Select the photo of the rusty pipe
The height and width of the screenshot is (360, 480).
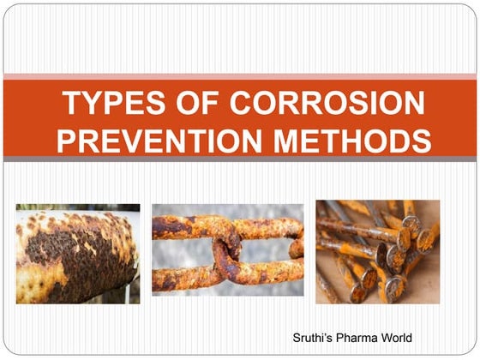[x=77, y=253]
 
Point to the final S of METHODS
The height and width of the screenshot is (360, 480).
[x=421, y=140]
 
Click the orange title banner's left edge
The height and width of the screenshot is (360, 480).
[x=7, y=120]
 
